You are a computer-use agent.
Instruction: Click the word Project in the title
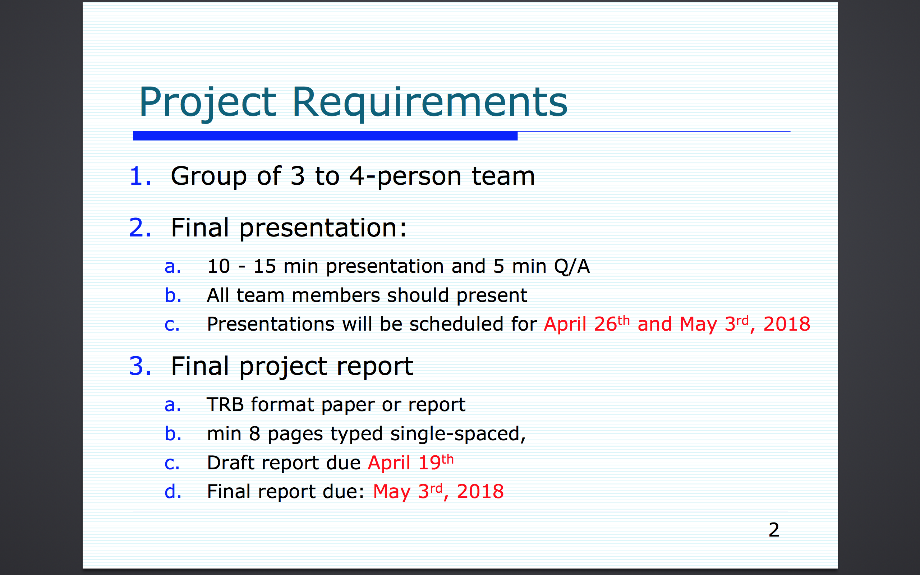pyautogui.click(x=208, y=103)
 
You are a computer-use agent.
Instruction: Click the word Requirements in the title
pyautogui.click(x=430, y=103)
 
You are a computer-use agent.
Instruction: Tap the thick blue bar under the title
pyautogui.click(x=325, y=136)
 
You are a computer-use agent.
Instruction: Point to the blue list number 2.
pyautogui.click(x=140, y=228)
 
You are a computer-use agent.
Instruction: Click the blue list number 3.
pyautogui.click(x=140, y=366)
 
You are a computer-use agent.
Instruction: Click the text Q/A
pyautogui.click(x=572, y=267)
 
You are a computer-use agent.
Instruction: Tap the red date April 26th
pyautogui.click(x=586, y=324)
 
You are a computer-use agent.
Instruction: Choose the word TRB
pyautogui.click(x=225, y=405)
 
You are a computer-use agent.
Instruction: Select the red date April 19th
pyautogui.click(x=410, y=463)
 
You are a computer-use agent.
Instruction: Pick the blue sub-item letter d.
pyautogui.click(x=173, y=491)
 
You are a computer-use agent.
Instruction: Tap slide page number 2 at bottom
pyautogui.click(x=774, y=530)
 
